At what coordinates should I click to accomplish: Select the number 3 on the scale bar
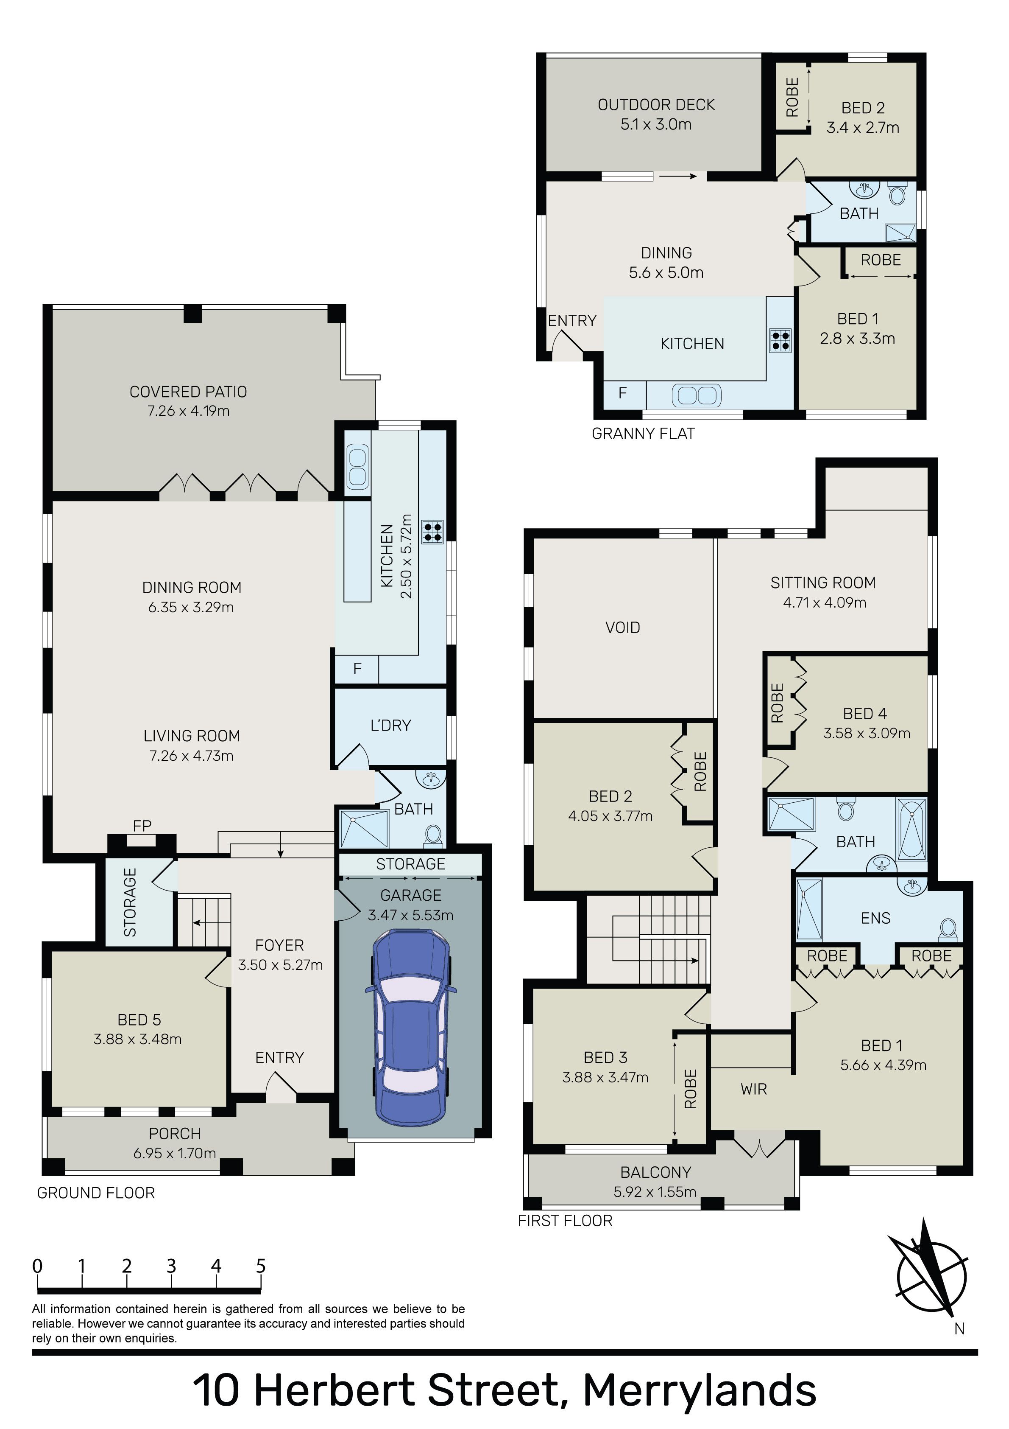pos(171,1266)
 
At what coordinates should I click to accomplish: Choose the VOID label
pos(623,628)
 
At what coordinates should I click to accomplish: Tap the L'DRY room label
pos(390,725)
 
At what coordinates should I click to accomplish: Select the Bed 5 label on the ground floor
pos(139,1020)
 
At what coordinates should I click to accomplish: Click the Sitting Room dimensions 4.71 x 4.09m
pos(825,602)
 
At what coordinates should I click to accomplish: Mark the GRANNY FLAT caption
pos(643,434)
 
